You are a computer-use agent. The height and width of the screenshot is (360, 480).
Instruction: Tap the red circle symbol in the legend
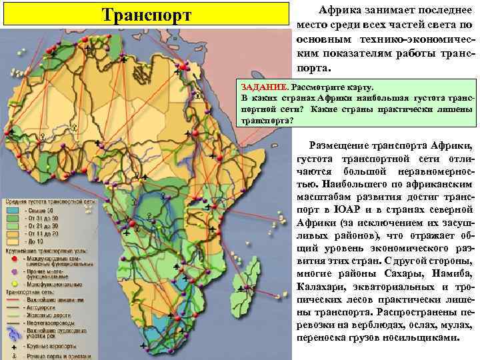click(13, 257)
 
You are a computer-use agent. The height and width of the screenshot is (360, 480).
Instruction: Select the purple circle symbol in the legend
click(13, 271)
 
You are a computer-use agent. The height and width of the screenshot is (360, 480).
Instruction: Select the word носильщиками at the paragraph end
click(425, 337)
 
